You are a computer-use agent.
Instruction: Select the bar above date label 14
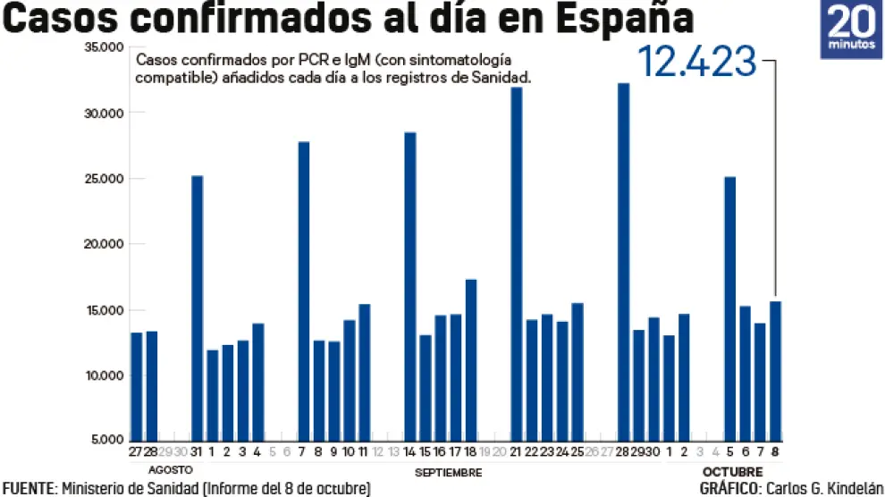[x=410, y=286]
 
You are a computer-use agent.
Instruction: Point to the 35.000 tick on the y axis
[x=105, y=47]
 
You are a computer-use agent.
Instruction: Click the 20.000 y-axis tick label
[x=105, y=244]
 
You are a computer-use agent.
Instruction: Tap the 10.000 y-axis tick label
[x=105, y=375]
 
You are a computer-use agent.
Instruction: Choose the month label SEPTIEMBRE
[x=450, y=472]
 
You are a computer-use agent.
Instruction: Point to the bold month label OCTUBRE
[x=732, y=471]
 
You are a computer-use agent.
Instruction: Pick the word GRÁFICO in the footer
[x=729, y=488]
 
